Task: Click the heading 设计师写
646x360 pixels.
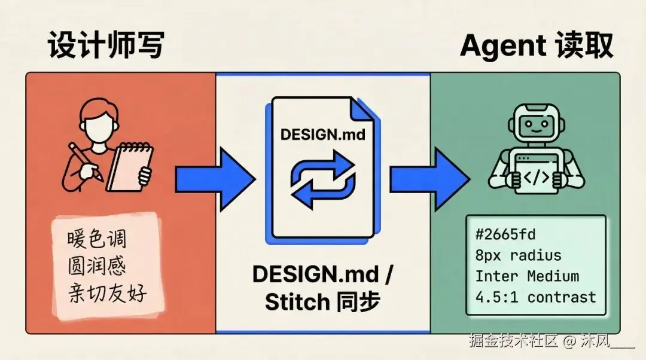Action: pos(105,45)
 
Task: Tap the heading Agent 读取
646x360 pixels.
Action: pos(537,45)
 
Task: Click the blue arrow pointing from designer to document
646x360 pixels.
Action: pos(215,178)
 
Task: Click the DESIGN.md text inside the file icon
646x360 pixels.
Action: pos(323,134)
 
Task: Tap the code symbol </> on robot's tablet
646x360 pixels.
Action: pos(536,177)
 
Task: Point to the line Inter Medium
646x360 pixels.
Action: pos(527,276)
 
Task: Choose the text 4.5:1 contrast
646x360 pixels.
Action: pos(535,297)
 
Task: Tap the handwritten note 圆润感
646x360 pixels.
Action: pos(97,267)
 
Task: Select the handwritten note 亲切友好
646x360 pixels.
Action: pos(106,294)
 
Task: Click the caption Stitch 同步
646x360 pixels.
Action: pos(322,302)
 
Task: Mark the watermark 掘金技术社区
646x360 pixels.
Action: pos(514,341)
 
